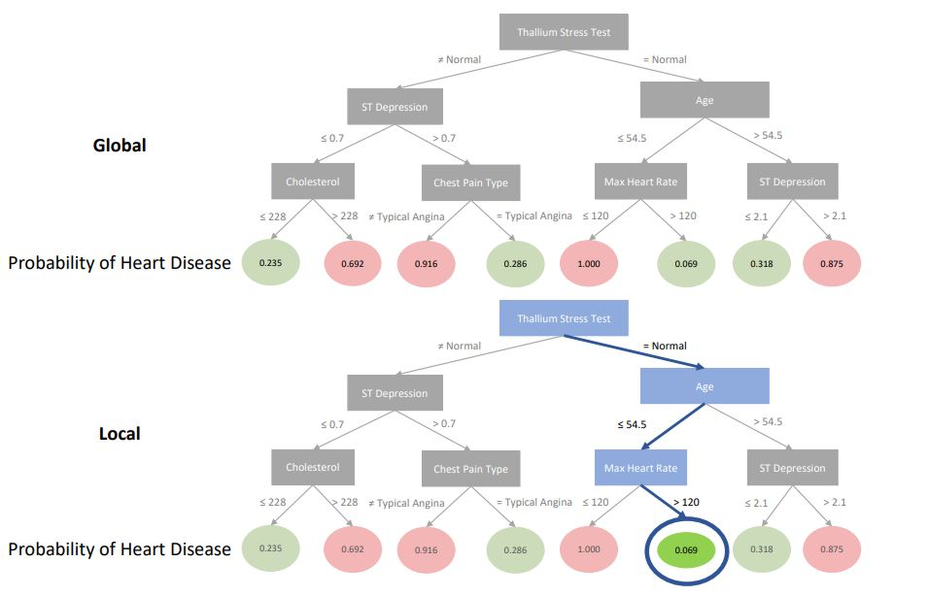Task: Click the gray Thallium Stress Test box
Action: [564, 32]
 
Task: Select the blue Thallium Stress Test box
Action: [564, 318]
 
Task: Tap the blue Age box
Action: [705, 386]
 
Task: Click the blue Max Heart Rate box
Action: [640, 468]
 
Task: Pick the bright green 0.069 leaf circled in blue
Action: [686, 550]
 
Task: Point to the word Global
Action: [120, 145]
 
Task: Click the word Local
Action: [120, 433]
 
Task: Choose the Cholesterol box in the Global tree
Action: [312, 182]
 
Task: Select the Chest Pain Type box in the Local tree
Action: [470, 469]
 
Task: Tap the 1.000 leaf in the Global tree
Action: [588, 264]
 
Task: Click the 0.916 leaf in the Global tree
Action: [426, 264]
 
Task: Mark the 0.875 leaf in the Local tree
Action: [831, 549]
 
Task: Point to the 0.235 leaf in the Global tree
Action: [270, 263]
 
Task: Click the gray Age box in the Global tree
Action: [705, 100]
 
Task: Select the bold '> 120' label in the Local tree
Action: [686, 502]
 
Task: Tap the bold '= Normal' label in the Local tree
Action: [665, 346]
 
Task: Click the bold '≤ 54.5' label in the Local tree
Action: [632, 425]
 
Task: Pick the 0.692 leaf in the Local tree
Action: [352, 549]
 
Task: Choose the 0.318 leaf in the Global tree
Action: [761, 264]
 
